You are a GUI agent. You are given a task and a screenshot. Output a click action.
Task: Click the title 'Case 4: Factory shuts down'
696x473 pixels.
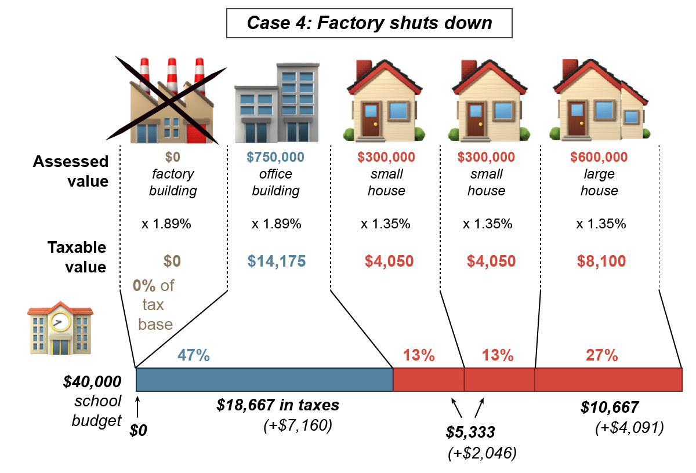point(369,23)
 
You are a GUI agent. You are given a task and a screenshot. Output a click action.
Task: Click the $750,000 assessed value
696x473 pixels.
point(275,157)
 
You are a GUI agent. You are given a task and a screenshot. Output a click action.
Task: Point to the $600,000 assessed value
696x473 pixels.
point(599,157)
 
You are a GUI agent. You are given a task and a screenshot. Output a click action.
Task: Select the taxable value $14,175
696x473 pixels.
point(276,261)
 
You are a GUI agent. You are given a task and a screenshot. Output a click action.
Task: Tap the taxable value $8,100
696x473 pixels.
point(601,261)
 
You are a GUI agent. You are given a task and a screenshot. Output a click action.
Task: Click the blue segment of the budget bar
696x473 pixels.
point(264,379)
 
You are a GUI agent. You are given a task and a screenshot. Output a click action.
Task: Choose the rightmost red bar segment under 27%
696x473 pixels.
point(608,379)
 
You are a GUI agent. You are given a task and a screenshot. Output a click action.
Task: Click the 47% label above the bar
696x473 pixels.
point(193,355)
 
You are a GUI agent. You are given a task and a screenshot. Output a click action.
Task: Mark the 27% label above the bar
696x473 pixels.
point(601,355)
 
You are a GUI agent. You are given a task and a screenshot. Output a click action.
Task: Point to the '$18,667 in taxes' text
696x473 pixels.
point(278,405)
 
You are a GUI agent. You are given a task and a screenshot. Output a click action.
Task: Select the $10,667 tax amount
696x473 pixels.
point(610,407)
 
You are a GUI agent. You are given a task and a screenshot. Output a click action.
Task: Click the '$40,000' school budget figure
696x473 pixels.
point(92,382)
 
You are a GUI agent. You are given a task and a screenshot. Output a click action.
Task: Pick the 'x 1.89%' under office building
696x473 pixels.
point(276,224)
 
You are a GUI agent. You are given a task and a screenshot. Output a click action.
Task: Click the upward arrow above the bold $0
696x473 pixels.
point(137,406)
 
